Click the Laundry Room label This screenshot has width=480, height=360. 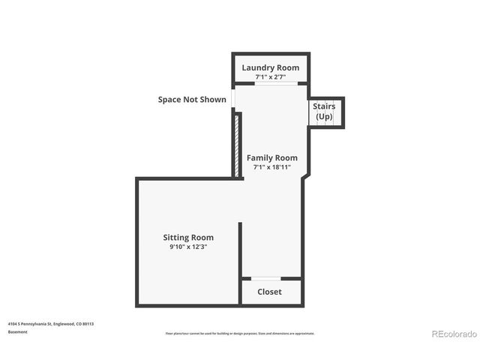click(x=270, y=67)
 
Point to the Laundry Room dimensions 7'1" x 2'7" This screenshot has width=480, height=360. click(x=270, y=76)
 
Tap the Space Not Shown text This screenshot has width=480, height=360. click(x=192, y=99)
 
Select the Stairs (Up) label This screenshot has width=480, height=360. click(x=324, y=112)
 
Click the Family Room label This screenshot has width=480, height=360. click(x=271, y=157)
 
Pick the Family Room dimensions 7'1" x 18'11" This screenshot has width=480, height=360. click(x=271, y=167)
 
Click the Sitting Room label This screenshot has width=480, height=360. click(x=188, y=237)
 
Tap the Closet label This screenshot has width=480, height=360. click(x=269, y=292)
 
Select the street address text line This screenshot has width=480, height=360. click(x=51, y=324)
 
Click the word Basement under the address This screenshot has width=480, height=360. click(x=18, y=331)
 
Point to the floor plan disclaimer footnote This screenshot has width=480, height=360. click(x=240, y=333)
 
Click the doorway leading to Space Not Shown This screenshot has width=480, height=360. click(x=234, y=99)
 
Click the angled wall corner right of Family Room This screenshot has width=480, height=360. click(x=305, y=177)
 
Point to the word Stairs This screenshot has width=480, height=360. click(x=324, y=106)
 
